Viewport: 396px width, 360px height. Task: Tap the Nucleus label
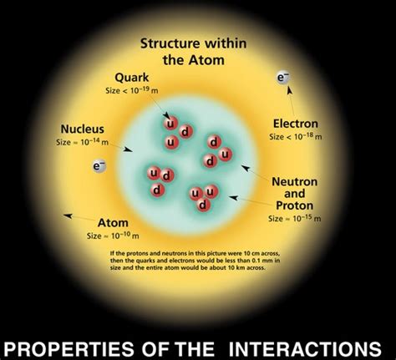(82, 129)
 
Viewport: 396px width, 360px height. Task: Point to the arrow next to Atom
(76, 217)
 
